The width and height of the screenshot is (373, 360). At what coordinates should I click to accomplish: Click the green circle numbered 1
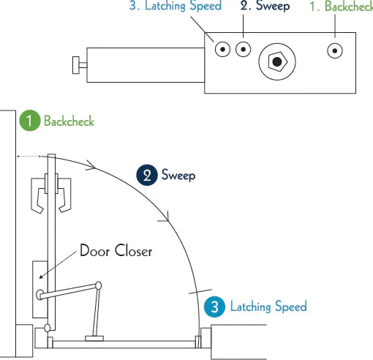(x=30, y=121)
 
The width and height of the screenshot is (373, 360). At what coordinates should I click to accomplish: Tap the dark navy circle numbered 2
(x=147, y=175)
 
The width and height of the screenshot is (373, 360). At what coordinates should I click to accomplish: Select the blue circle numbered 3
(x=214, y=307)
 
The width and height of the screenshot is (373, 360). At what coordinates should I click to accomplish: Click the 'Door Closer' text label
(x=116, y=250)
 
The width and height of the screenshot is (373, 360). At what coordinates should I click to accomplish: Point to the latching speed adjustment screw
(x=222, y=49)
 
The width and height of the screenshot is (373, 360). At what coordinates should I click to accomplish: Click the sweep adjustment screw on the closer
(x=244, y=49)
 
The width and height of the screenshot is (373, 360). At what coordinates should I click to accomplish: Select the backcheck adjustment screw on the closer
(x=335, y=50)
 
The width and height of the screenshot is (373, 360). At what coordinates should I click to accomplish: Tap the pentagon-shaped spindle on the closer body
(x=278, y=61)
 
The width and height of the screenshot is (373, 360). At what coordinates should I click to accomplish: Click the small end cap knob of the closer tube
(x=76, y=65)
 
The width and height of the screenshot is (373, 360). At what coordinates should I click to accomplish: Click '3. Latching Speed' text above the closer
(x=176, y=6)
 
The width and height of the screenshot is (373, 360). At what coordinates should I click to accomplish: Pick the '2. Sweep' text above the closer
(x=265, y=6)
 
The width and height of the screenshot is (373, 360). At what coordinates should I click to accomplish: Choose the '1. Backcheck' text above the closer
(x=342, y=7)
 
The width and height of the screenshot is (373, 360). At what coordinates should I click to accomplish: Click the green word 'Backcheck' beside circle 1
(x=69, y=121)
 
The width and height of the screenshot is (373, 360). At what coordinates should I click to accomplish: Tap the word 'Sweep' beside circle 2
(x=178, y=175)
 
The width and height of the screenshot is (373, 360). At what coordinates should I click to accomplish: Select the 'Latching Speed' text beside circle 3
(x=268, y=307)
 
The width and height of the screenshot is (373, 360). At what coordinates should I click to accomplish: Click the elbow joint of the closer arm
(x=99, y=285)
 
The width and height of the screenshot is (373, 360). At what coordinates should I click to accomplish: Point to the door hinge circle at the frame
(x=48, y=328)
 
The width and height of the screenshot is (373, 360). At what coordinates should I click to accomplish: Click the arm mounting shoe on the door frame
(x=94, y=338)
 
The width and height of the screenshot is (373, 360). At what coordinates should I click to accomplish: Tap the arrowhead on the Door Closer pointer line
(x=41, y=277)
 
